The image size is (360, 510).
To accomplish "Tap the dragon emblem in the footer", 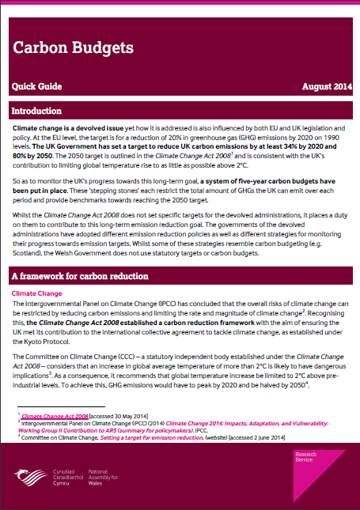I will [30, 478].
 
